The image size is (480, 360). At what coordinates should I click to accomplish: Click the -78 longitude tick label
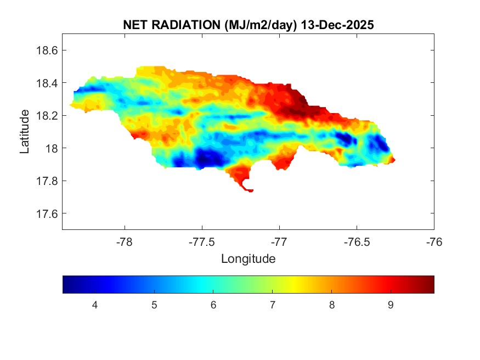click(125, 241)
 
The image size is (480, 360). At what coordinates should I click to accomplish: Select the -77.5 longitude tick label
click(202, 241)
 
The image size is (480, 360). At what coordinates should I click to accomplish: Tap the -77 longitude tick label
click(280, 241)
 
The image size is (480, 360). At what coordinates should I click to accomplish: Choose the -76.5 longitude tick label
click(357, 241)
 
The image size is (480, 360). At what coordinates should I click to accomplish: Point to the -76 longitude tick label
click(434, 241)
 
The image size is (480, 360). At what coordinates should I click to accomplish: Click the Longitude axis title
click(248, 258)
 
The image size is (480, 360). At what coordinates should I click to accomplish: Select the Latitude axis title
click(25, 132)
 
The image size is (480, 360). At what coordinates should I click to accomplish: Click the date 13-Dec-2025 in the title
click(338, 25)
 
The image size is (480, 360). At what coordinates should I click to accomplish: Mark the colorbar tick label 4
click(95, 305)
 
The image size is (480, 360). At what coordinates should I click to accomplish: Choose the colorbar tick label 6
click(213, 305)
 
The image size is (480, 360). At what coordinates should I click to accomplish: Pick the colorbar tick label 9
click(390, 305)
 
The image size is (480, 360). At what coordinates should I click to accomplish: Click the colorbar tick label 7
click(272, 305)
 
